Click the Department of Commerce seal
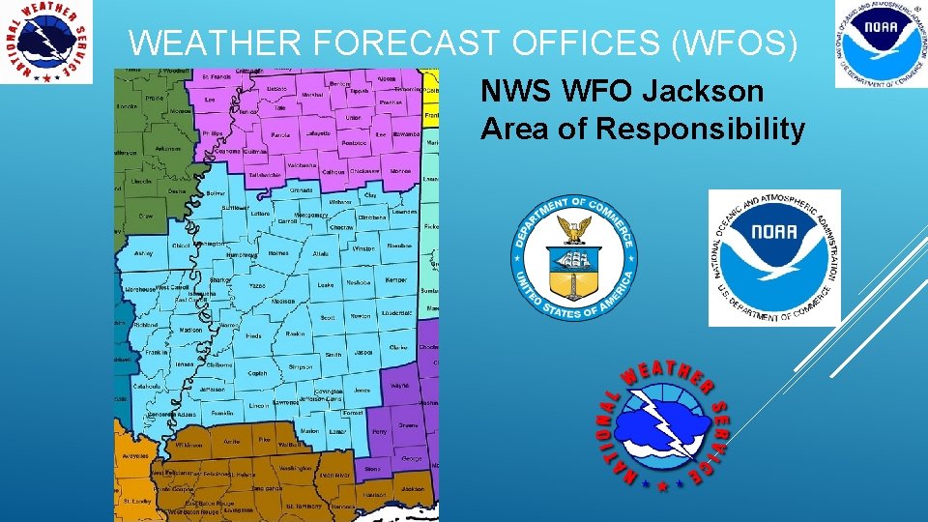tap(574, 256)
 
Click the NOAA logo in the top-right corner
tap(880, 43)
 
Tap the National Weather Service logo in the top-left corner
tap(46, 42)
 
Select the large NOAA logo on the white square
tap(774, 257)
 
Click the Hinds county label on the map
tap(253, 336)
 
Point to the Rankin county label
tap(296, 334)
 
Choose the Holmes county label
tap(278, 253)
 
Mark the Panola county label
tap(281, 135)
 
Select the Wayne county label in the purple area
tap(399, 386)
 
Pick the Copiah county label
tap(258, 372)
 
